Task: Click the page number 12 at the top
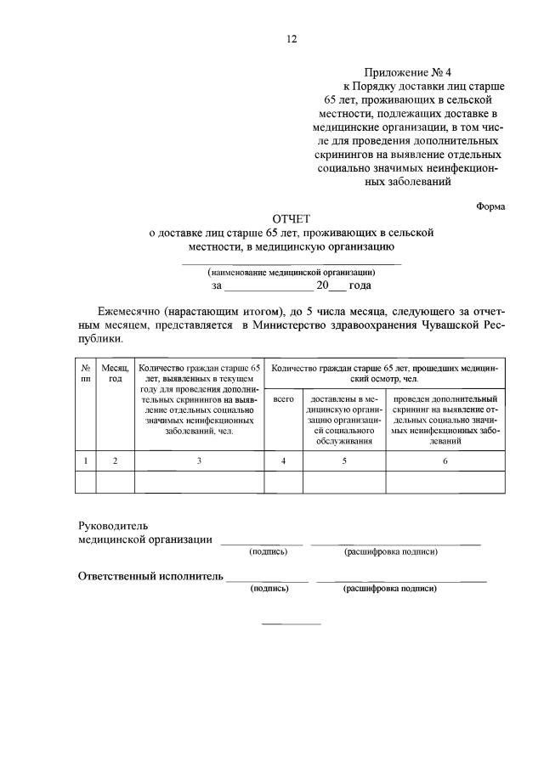coord(291,39)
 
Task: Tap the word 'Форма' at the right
coord(490,206)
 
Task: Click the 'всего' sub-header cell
coord(282,398)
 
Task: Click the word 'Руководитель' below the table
coord(113,526)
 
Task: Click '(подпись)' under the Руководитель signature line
coord(268,551)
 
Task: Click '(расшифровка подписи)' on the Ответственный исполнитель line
coord(390,588)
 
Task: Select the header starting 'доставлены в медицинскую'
coord(344,419)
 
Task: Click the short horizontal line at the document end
coord(291,624)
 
